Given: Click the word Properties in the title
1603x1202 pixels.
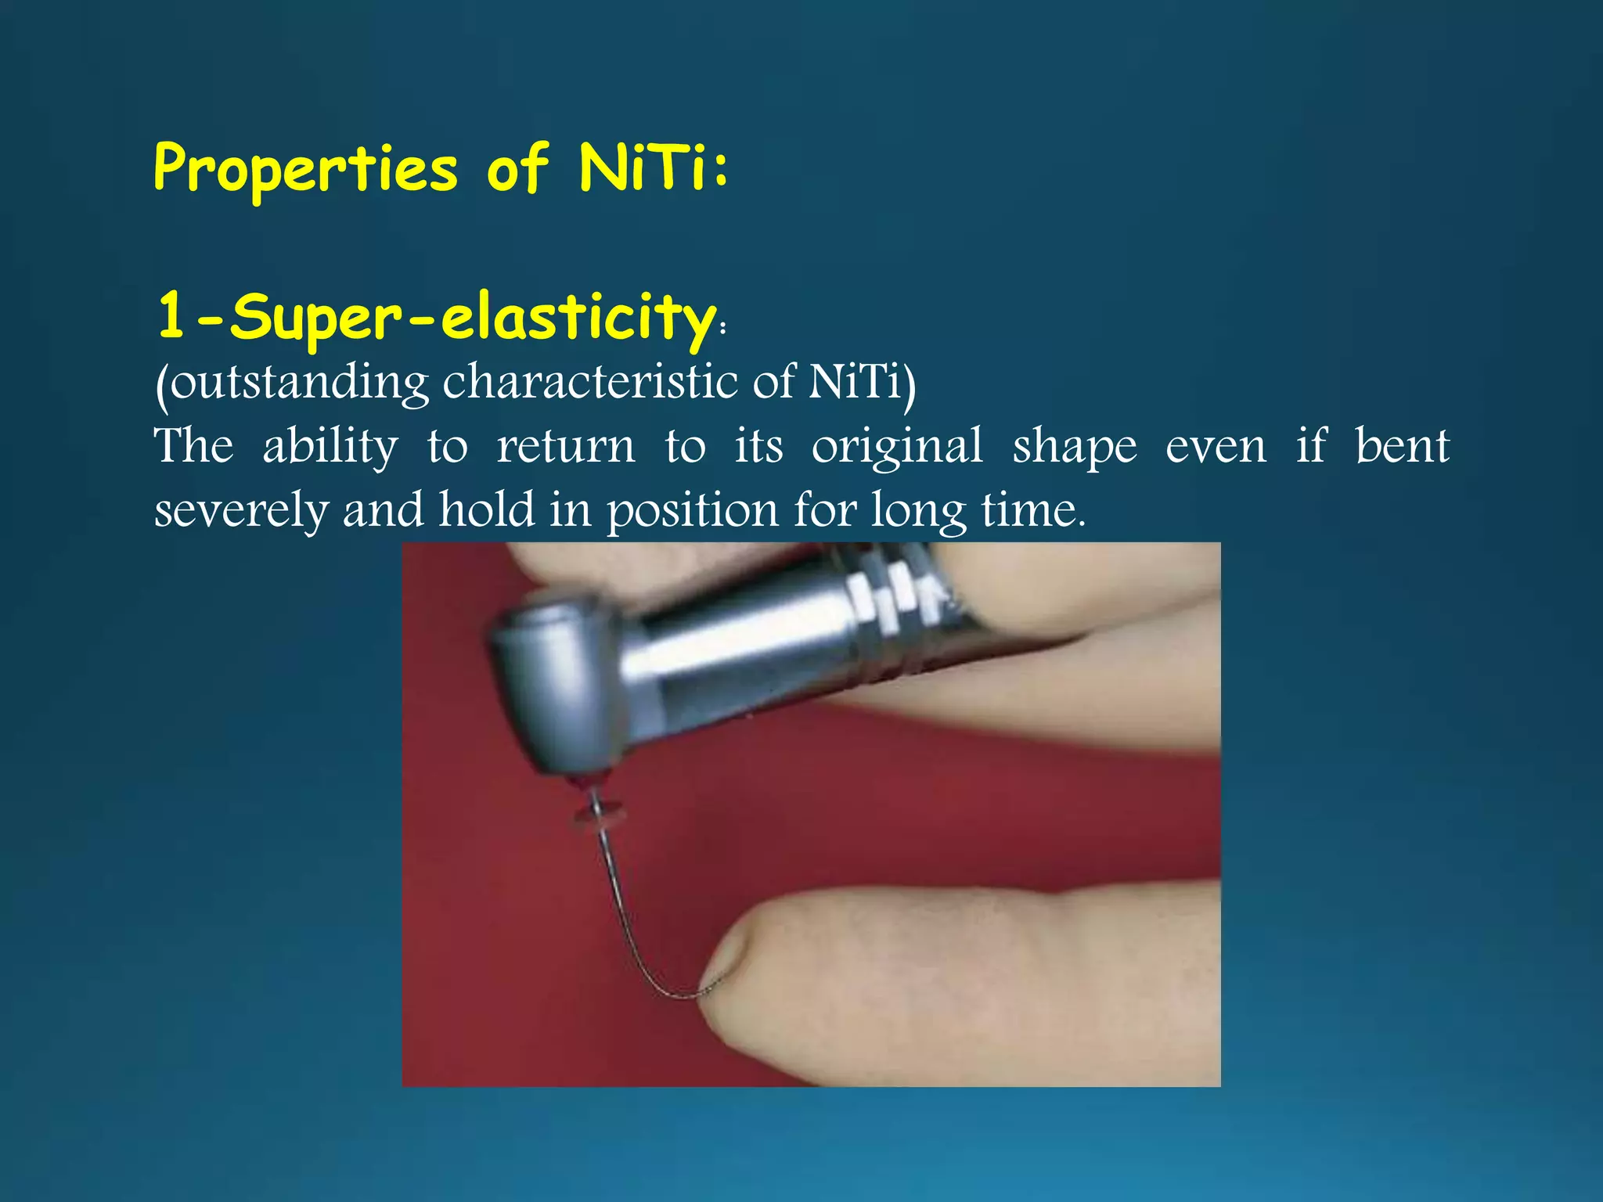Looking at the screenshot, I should pos(305,169).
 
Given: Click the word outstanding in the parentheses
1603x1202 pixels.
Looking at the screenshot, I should pos(298,383).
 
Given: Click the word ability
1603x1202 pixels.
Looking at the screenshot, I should pos(330,447).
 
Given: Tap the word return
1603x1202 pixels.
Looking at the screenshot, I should pos(566,447).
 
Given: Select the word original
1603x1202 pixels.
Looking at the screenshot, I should pos(897,447).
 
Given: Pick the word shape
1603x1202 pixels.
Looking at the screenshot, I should pos(1075,447).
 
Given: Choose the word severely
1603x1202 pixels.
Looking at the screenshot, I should pos(241,511).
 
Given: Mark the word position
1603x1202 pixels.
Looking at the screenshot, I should pos(693,511).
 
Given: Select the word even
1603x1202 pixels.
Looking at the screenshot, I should pos(1216,447).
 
